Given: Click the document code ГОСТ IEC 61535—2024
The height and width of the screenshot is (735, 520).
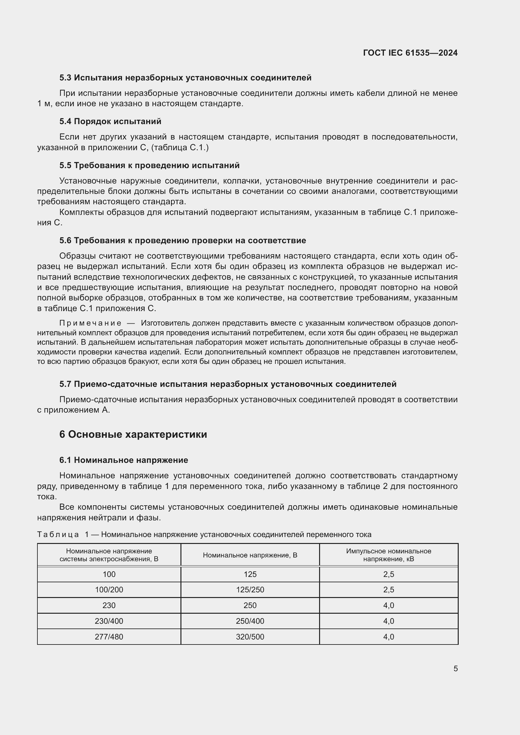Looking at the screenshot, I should pyautogui.click(x=410, y=53).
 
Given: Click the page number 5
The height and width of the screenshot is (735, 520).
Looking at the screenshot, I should pyautogui.click(x=455, y=668).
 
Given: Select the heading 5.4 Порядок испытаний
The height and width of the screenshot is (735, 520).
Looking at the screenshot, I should pyautogui.click(x=110, y=121).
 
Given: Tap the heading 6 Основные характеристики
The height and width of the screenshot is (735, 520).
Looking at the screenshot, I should pyautogui.click(x=133, y=434).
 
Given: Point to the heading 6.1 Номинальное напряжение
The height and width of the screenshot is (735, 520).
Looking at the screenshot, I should pyautogui.click(x=124, y=460).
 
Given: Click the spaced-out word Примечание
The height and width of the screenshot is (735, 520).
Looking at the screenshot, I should pyautogui.click(x=90, y=323).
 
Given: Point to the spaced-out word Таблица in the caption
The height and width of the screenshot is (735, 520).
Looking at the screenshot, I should pyautogui.click(x=58, y=535).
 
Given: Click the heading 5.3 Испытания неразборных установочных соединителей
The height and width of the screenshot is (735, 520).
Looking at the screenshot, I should pyautogui.click(x=185, y=78).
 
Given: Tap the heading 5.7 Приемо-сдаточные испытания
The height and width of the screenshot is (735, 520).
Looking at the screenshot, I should pyautogui.click(x=228, y=384).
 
